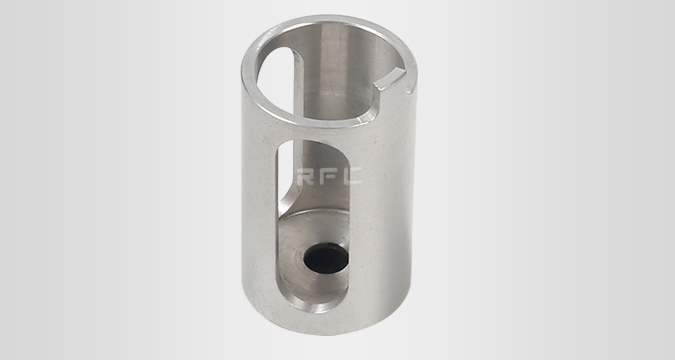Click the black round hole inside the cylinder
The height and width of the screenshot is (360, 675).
[326, 258]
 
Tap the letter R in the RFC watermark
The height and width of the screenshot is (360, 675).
[305, 177]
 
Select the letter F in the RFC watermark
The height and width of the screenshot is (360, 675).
[328, 177]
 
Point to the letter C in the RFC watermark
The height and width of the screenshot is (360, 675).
[353, 177]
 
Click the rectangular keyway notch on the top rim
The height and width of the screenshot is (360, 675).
[391, 80]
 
